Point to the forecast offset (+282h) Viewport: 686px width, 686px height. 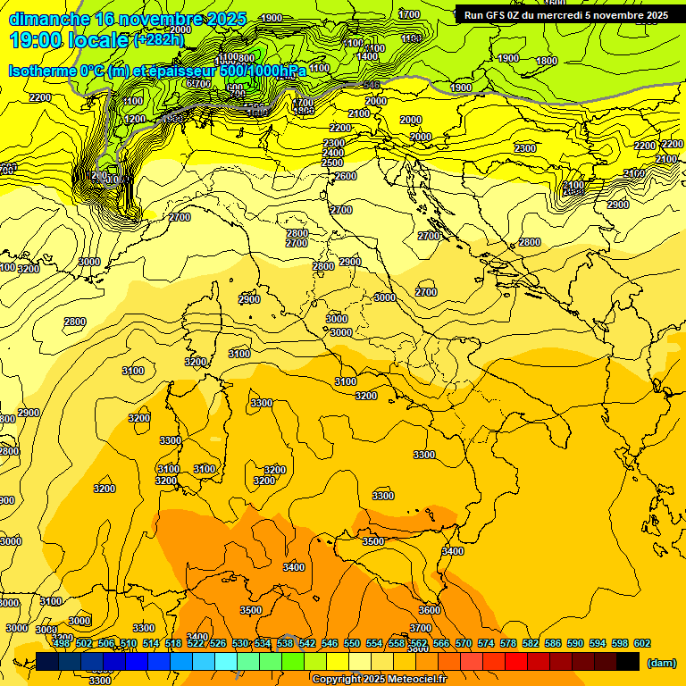point(159,40)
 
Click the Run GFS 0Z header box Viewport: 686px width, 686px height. point(565,14)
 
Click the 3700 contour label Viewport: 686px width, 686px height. point(421,628)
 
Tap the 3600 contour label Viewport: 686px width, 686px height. point(430,609)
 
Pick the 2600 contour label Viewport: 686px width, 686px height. point(346,176)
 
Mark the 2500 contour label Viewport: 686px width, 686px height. point(331,163)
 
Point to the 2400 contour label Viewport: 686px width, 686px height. point(333,153)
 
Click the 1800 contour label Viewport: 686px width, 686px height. point(547,61)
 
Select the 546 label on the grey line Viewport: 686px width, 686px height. point(372,86)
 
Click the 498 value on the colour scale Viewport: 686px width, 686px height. point(62,643)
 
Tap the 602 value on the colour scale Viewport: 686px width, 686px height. point(642,643)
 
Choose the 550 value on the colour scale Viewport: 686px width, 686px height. point(351,643)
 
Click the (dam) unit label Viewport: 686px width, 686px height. point(661,663)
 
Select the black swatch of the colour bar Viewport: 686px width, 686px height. point(628,662)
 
